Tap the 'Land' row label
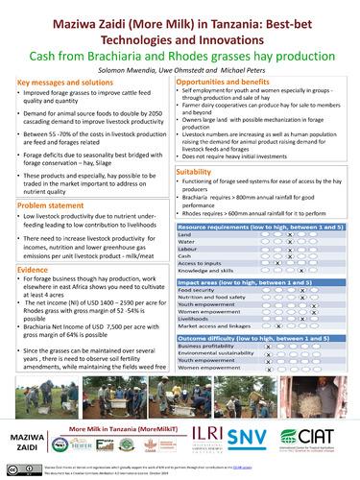186,234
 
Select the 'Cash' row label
186,255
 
